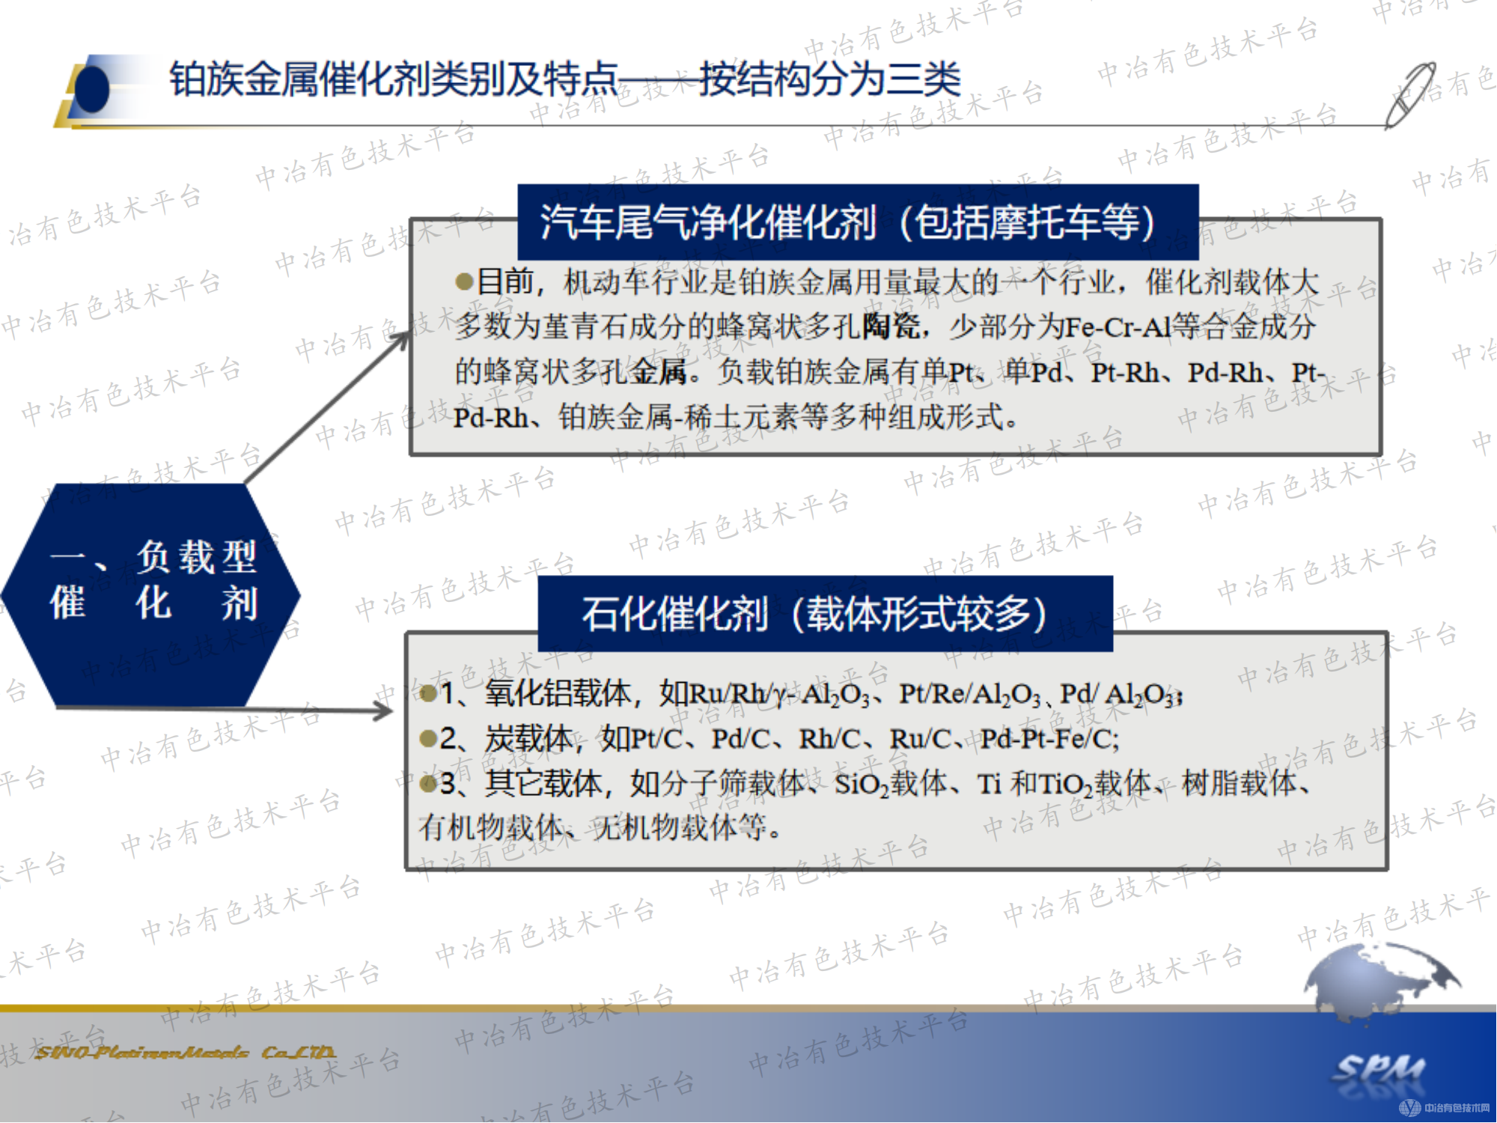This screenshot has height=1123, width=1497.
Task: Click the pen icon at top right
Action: (x=1410, y=95)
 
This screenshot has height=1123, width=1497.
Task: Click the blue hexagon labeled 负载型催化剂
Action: (x=152, y=595)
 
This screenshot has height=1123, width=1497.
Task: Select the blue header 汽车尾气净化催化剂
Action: (x=857, y=222)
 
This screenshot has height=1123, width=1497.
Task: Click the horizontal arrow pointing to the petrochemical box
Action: (x=225, y=709)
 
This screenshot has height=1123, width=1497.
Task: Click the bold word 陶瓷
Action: (x=891, y=327)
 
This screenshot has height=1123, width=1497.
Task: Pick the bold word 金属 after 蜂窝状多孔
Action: (x=659, y=372)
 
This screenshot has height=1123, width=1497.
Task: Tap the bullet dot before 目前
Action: (x=464, y=282)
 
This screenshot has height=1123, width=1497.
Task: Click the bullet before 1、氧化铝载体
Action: (x=429, y=694)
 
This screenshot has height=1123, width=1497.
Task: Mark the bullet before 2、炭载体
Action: (x=429, y=740)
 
